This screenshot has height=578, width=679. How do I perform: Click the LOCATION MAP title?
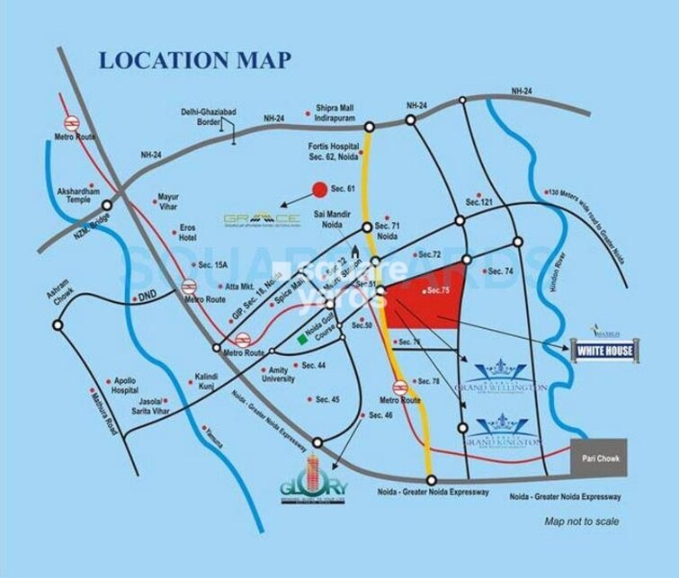pos(193,61)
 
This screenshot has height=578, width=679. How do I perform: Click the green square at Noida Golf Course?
pos(302,340)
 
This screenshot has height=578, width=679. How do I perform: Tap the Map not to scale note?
pos(585,521)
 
